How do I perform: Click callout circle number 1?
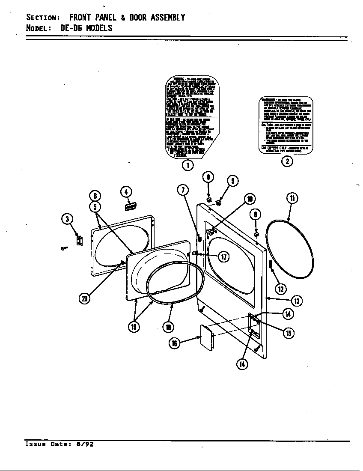tap(187, 165)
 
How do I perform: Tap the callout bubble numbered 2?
tap(287, 161)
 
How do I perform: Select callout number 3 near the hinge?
tap(67, 219)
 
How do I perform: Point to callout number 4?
tap(126, 191)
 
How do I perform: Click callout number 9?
tap(232, 181)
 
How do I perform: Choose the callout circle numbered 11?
tap(292, 198)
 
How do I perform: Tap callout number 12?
tap(280, 289)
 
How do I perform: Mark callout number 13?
tap(297, 301)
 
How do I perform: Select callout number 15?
tap(289, 333)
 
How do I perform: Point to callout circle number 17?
tap(223, 256)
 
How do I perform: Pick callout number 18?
tap(168, 327)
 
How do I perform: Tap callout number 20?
tap(85, 298)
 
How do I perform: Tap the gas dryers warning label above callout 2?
tap(286, 126)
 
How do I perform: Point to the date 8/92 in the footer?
tap(84, 444)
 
